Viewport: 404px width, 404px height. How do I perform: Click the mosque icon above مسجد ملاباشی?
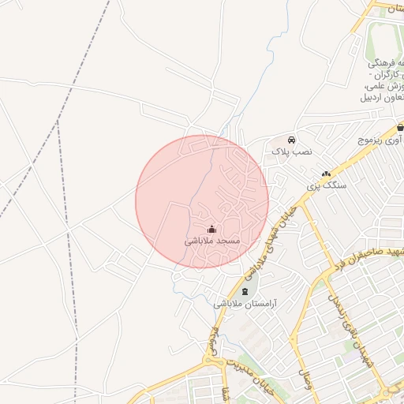click(211, 230)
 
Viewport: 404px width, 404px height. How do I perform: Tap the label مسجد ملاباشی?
click(212, 241)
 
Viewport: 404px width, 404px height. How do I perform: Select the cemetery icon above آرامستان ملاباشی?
click(243, 292)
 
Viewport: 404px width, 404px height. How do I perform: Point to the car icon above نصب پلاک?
click(292, 137)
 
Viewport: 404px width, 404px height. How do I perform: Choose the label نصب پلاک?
click(292, 149)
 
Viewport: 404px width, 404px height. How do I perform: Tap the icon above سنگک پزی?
click(326, 174)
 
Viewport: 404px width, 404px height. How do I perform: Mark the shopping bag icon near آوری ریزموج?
click(400, 127)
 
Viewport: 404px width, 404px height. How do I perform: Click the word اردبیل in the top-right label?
click(376, 99)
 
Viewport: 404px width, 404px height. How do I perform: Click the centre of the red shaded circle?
click(202, 202)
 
